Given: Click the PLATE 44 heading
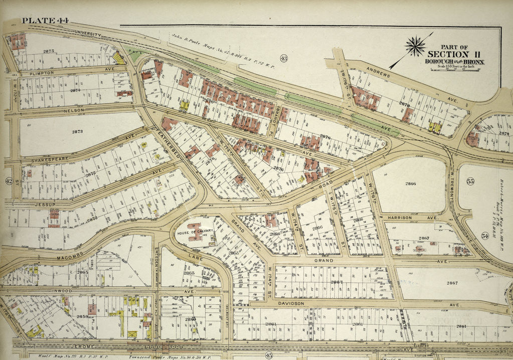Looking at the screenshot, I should coord(46,21).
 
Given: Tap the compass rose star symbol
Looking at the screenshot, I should coord(415,47).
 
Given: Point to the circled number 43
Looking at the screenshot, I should coord(283,58).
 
